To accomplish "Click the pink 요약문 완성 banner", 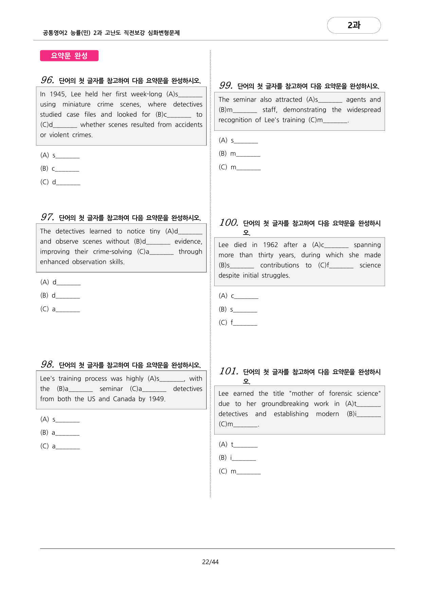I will (x=69, y=56).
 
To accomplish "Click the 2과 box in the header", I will (x=354, y=25).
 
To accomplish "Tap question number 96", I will (x=48, y=80).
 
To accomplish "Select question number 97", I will (x=48, y=217).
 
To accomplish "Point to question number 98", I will (x=48, y=365).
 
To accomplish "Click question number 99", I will (x=226, y=86).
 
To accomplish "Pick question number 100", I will (x=228, y=223).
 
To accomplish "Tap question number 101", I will (x=228, y=371).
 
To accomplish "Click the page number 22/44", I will (x=210, y=562).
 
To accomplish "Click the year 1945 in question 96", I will (x=58, y=94).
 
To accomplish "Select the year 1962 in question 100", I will (x=270, y=245).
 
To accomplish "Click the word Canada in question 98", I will (x=124, y=399).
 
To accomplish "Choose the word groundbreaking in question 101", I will (x=285, y=404).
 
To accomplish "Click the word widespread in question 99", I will (x=364, y=110).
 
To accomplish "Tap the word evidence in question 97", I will (x=188, y=242).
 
